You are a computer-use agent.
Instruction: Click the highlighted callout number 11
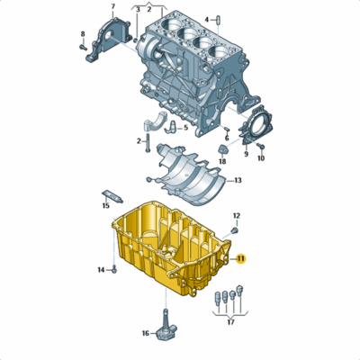click(x=241, y=259)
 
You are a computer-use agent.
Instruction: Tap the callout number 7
click(x=112, y=7)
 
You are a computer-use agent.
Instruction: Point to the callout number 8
click(x=82, y=35)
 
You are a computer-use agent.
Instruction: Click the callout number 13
click(x=238, y=181)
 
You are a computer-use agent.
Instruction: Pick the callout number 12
click(x=237, y=216)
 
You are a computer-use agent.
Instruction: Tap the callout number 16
click(x=145, y=333)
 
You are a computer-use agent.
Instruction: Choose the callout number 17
click(x=230, y=321)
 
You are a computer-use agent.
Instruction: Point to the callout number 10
click(x=261, y=158)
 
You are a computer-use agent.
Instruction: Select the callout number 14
click(x=102, y=270)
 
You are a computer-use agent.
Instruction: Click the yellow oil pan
click(x=171, y=247)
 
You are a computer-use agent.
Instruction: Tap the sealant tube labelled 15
click(x=112, y=195)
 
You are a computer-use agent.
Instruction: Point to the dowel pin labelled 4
click(x=206, y=19)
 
